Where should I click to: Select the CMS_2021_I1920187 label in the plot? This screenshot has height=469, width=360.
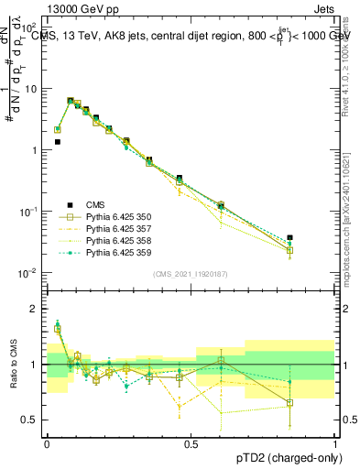[x=190, y=274]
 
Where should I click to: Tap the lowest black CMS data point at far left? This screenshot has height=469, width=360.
[x=57, y=142]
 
